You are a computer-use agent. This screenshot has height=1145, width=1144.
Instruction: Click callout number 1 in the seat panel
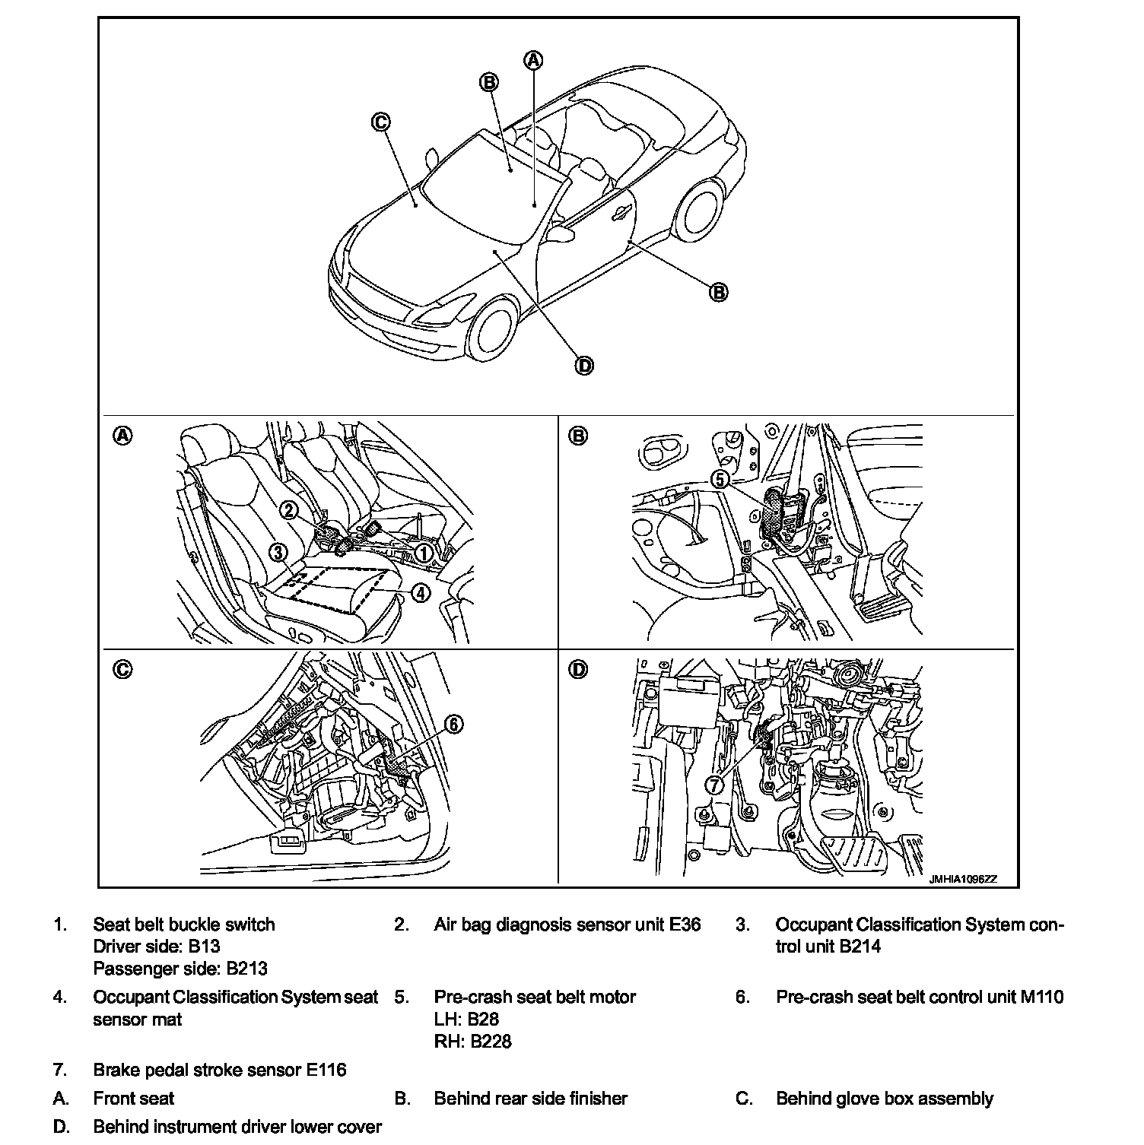tap(423, 553)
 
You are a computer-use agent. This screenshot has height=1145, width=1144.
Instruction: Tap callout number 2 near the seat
tap(289, 510)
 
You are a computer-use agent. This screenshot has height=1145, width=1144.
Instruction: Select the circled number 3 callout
tap(278, 553)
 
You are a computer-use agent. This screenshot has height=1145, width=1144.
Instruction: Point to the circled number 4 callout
tap(421, 594)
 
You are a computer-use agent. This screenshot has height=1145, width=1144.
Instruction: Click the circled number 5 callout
tap(720, 479)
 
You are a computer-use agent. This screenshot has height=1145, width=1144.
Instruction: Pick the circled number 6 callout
tap(453, 725)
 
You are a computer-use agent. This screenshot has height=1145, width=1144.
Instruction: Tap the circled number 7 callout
tap(714, 785)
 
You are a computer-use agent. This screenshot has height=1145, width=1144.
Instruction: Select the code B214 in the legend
tap(860, 947)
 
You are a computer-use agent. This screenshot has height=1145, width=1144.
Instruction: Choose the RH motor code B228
tap(491, 1042)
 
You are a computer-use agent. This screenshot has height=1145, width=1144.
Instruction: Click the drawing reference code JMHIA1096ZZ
tap(961, 879)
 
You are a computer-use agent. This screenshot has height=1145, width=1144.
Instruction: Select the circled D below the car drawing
tap(583, 366)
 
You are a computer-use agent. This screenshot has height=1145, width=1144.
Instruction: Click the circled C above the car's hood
tap(381, 122)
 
